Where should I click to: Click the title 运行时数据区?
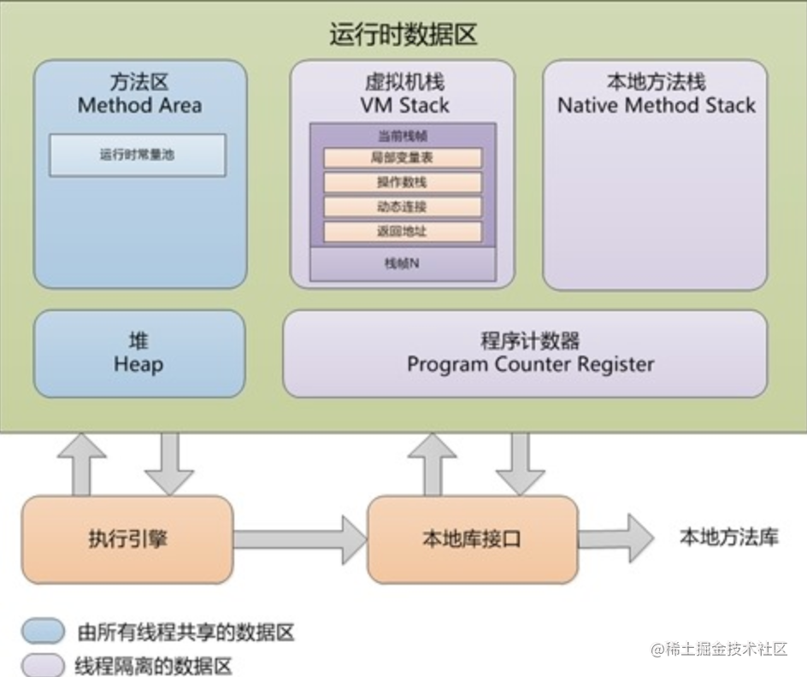(403, 35)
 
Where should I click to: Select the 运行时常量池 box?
(138, 156)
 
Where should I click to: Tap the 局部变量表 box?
(403, 158)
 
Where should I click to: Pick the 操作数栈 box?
(403, 183)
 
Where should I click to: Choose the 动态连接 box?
(403, 207)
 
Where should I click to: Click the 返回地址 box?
(403, 232)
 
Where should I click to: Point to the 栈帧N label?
(403, 264)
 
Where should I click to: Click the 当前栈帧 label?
(403, 136)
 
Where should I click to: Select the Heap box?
(138, 353)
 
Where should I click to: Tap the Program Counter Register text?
(530, 365)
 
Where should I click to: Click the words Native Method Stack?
(656, 106)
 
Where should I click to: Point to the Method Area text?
(139, 106)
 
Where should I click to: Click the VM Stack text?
(403, 106)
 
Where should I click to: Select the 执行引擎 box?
(127, 539)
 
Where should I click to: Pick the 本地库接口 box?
(472, 539)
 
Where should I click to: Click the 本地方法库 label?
(728, 538)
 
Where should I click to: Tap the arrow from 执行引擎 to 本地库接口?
(299, 539)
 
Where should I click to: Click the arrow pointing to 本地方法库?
(616, 538)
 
